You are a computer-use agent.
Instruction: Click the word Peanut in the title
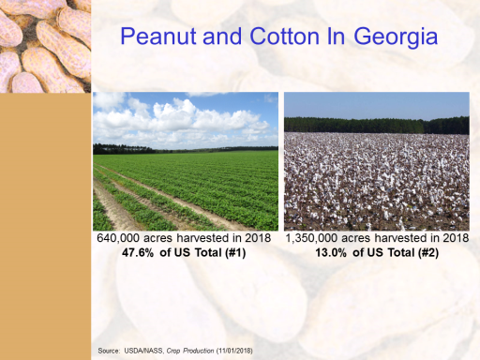click(x=159, y=37)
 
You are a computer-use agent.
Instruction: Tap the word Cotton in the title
click(x=284, y=37)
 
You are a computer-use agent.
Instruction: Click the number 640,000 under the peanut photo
click(x=118, y=238)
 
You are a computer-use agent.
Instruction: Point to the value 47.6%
click(x=138, y=252)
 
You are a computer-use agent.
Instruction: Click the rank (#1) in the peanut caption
click(x=235, y=252)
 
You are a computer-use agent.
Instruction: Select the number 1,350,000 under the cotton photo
click(x=312, y=238)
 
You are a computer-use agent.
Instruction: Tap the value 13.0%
click(x=331, y=252)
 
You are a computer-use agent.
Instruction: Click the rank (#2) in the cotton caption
click(x=428, y=252)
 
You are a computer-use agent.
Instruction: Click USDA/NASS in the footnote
click(x=143, y=351)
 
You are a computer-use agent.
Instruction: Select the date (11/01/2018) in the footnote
click(x=234, y=351)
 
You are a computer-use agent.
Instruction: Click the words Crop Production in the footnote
click(x=190, y=351)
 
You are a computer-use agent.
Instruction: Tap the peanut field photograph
click(x=186, y=161)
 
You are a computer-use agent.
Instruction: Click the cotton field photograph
click(x=377, y=161)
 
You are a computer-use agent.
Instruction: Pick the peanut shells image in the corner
click(x=45, y=46)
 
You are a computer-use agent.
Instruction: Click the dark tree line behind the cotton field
click(x=377, y=126)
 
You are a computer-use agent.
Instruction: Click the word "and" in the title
click(x=222, y=37)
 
